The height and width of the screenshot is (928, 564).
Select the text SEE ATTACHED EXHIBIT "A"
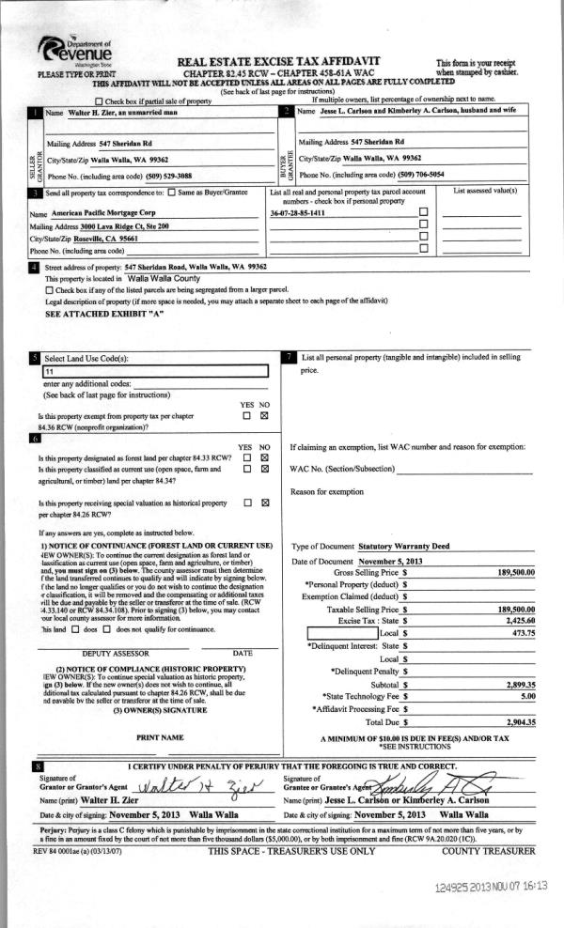[x=104, y=316]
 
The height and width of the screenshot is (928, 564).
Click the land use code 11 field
[x=155, y=372]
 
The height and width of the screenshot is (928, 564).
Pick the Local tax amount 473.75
[x=523, y=634]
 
